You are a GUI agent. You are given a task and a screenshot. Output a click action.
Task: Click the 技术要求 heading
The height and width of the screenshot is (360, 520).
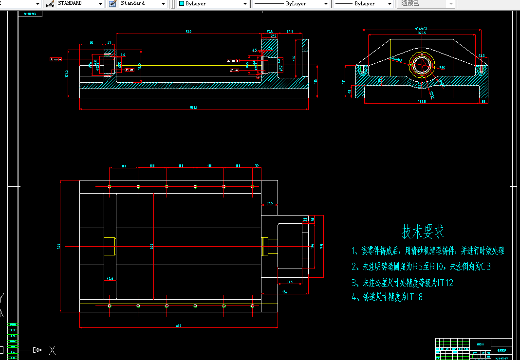pos(423,232)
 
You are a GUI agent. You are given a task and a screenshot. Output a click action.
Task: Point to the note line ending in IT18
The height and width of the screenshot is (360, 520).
pos(387,297)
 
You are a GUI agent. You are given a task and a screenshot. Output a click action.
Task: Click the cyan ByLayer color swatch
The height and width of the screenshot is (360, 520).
pos(182,3)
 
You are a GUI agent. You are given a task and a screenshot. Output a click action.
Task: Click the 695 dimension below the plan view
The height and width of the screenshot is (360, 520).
pos(178,326)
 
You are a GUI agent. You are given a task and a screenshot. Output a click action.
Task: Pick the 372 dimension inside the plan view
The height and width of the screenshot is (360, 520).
pos(152,247)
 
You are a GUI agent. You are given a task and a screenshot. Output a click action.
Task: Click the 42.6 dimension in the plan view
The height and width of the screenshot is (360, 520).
pos(110,279)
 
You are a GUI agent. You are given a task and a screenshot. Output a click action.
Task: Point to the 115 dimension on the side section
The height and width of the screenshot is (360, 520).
pos(316,81)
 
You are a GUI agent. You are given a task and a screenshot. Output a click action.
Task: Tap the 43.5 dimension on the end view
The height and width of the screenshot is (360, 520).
pos(481,55)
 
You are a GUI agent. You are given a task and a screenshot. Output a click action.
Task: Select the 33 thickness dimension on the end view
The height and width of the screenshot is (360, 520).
pos(483,101)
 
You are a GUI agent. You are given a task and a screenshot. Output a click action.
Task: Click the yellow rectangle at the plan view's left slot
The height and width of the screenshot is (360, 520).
pos(109,247)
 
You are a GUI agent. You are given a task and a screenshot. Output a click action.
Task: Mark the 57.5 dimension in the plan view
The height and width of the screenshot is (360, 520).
pos(269,203)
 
